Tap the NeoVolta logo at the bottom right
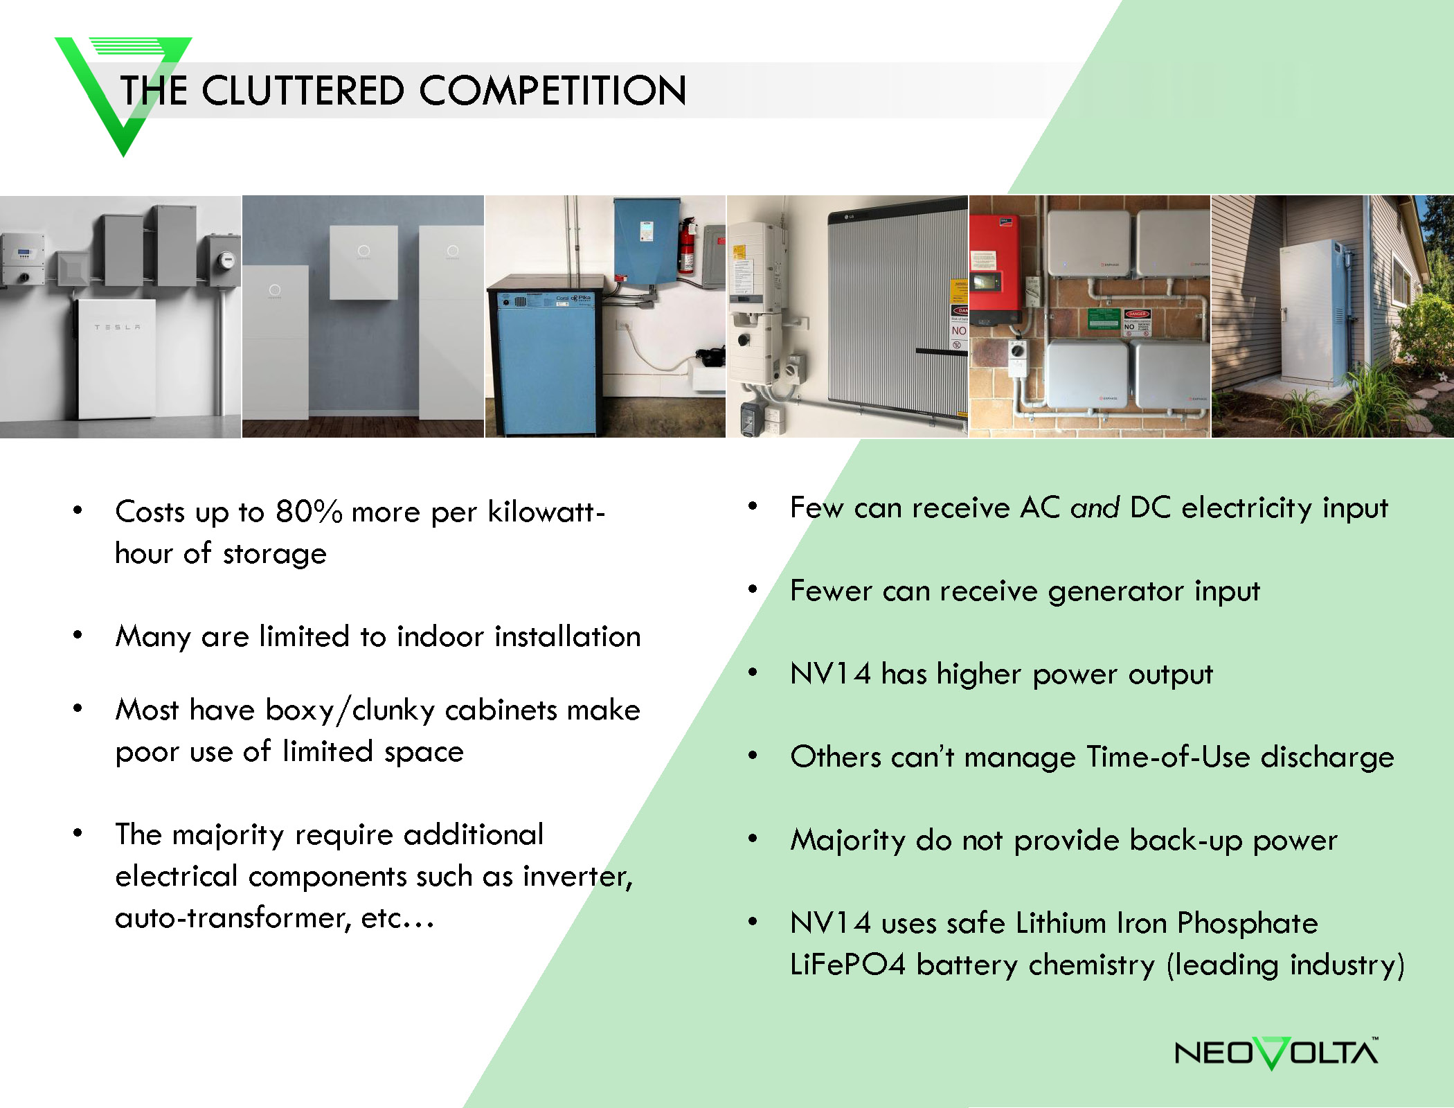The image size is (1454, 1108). (x=1276, y=1053)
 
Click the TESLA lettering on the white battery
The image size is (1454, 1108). (x=117, y=327)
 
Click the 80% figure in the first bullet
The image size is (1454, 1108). (x=309, y=512)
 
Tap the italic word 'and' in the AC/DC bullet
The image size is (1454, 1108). (x=1095, y=508)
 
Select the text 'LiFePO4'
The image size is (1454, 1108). (x=847, y=965)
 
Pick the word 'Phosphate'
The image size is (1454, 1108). (x=1247, y=924)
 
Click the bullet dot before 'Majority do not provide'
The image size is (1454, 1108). (x=753, y=839)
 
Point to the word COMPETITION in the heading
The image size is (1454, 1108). (x=553, y=91)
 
